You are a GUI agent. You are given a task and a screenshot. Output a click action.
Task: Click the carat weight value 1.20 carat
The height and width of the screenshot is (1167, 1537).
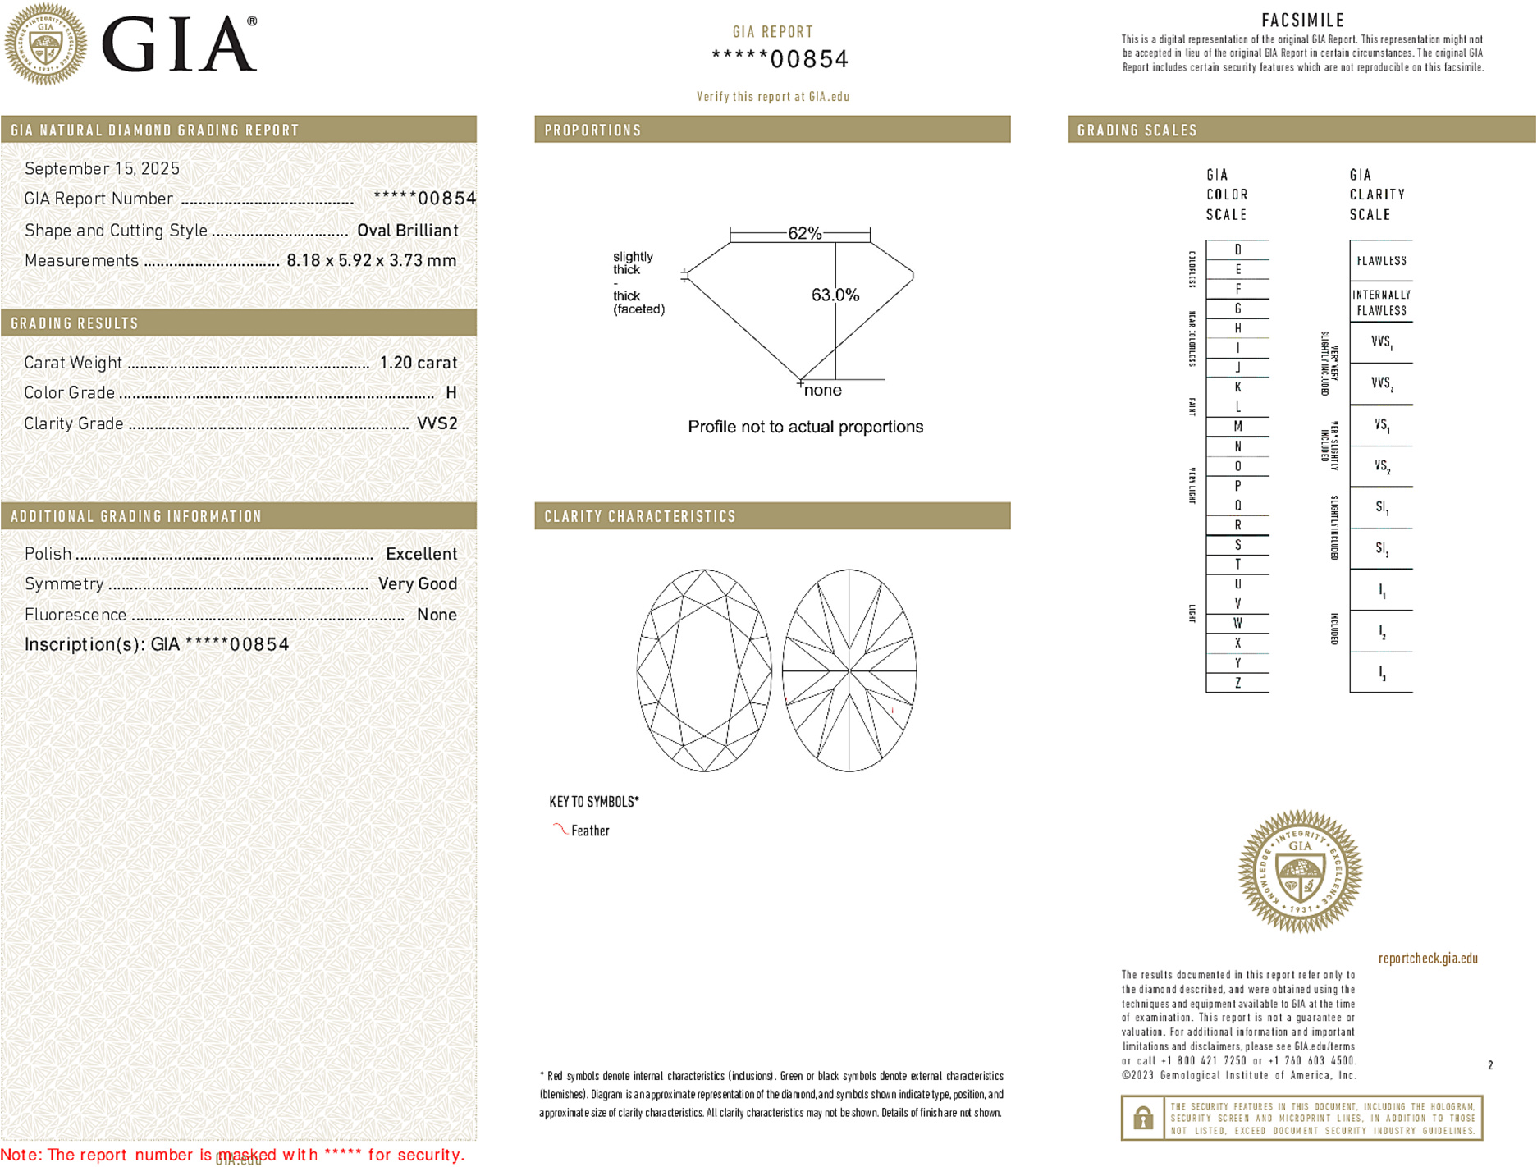pos(418,363)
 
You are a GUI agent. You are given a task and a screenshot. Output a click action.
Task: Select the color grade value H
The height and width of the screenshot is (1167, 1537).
pos(451,393)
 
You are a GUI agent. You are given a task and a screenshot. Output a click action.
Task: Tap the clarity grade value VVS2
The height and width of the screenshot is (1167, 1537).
pos(437,423)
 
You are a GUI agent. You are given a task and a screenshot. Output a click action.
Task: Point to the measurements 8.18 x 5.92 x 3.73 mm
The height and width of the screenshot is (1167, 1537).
pos(371,261)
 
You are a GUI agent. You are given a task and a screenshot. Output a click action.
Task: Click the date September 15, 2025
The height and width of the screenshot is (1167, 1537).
pos(102,169)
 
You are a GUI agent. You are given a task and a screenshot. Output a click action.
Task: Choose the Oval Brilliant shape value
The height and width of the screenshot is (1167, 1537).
pos(407,231)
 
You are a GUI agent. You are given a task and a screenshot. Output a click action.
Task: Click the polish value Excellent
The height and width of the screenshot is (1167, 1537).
pos(421,554)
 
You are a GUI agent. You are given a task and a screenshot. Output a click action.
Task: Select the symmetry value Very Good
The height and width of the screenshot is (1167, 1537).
pos(417,584)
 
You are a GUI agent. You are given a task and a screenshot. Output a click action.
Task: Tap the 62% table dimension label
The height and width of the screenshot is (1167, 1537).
pos(804,233)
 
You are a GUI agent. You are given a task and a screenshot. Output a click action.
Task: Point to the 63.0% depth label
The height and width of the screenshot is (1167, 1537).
pos(835,295)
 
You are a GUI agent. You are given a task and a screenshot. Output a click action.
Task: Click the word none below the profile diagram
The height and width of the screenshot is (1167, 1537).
pos(822,391)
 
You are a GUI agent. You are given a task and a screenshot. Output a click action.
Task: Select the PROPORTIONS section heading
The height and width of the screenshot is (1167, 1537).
pos(592,130)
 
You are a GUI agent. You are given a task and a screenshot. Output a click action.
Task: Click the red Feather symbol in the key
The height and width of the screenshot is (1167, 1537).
pos(560,830)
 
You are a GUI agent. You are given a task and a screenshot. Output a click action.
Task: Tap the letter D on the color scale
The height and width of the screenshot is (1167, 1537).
pos(1237,249)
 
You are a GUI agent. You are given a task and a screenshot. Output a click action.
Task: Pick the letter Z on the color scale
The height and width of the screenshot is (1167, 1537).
pos(1237,683)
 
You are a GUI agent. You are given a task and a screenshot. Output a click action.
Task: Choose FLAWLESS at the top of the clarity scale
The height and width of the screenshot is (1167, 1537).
pos(1381,261)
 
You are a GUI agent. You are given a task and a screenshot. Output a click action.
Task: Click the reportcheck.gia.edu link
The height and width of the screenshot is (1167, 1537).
pos(1428,959)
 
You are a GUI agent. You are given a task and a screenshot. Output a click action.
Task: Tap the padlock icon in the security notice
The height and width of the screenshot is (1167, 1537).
pos(1142,1118)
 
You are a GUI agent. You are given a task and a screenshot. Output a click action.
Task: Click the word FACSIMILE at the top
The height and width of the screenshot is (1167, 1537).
pos(1302,21)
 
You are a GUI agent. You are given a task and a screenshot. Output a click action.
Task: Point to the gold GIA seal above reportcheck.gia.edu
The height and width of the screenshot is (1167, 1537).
pos(1300,872)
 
